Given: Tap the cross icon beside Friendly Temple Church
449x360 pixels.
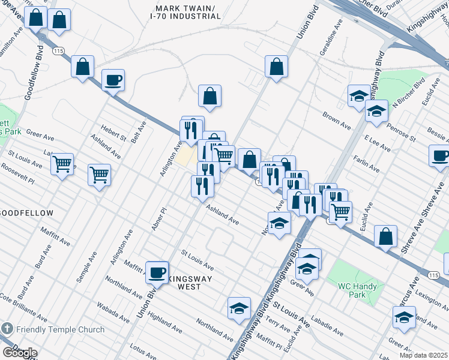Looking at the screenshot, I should (x=7, y=329).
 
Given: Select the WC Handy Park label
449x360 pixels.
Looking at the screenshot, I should (x=357, y=290).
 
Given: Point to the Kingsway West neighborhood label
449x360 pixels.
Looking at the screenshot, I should (x=188, y=282).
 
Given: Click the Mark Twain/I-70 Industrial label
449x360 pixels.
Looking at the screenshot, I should (x=188, y=12).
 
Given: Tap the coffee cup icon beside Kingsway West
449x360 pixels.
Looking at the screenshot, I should (x=157, y=272).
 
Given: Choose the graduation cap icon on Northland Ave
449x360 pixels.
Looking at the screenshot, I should (x=239, y=308).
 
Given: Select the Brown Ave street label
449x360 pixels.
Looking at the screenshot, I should (x=336, y=120).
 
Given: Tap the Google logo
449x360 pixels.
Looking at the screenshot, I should (x=19, y=353).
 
